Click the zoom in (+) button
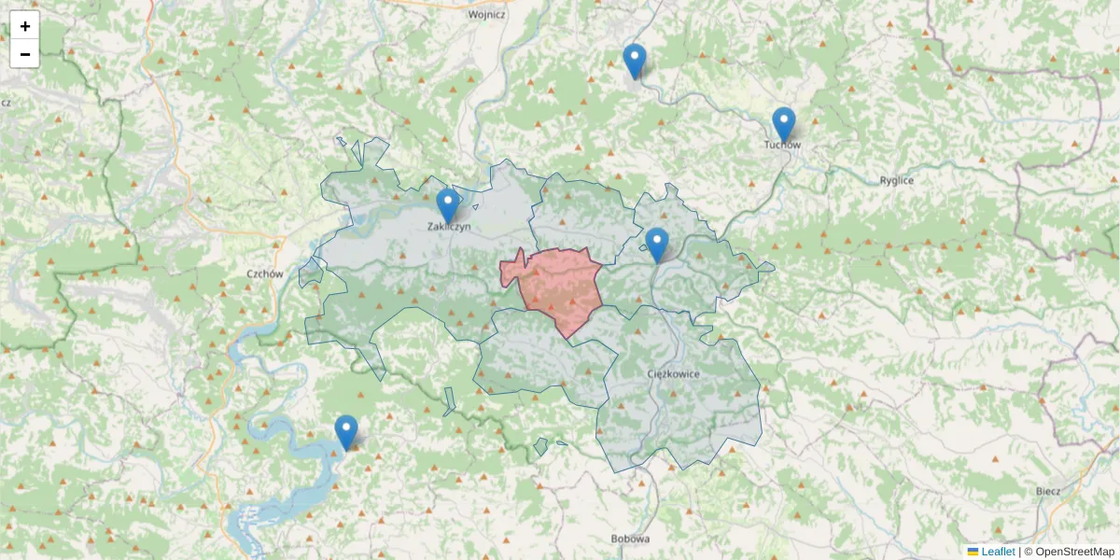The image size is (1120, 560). tap(25, 26)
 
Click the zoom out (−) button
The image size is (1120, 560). tap(25, 54)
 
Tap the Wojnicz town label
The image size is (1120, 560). tap(486, 15)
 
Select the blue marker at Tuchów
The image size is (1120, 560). tap(784, 125)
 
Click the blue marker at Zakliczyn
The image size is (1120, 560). tap(448, 206)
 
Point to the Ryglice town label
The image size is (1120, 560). tap(897, 180)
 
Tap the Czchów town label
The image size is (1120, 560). tap(264, 274)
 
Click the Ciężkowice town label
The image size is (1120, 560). tap(673, 373)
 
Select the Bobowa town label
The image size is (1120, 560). tap(629, 539)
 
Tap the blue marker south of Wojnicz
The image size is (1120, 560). tap(635, 62)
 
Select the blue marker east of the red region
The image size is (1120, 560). tap(657, 245)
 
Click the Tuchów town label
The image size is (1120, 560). tap(782, 145)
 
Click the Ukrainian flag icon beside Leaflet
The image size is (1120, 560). tap(973, 552)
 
